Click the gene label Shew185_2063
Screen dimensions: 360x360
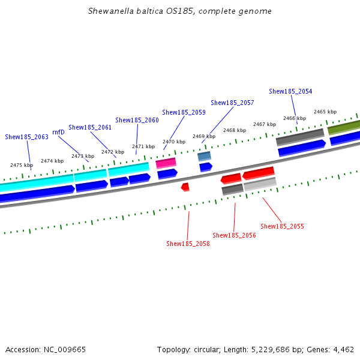tap(26, 137)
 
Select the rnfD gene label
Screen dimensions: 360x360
tap(58, 132)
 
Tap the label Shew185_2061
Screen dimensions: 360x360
tap(89, 127)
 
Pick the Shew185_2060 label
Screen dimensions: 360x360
tap(137, 120)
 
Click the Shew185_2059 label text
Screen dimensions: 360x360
tap(184, 112)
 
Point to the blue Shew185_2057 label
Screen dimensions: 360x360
tap(232, 103)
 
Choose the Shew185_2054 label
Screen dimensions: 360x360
tap(290, 91)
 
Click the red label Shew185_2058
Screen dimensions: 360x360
tap(188, 244)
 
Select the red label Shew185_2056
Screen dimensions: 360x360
tap(234, 235)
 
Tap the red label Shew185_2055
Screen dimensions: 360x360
tap(282, 226)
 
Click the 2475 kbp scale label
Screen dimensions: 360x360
tap(22, 165)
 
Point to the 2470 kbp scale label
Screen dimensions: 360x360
tap(174, 142)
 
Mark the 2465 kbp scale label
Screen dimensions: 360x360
tap(325, 112)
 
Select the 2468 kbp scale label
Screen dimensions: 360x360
tap(235, 130)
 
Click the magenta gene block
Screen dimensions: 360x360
tap(166, 163)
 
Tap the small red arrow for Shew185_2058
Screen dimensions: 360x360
tap(185, 187)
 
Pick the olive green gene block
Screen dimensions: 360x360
tap(344, 127)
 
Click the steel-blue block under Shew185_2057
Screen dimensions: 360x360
tap(204, 156)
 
